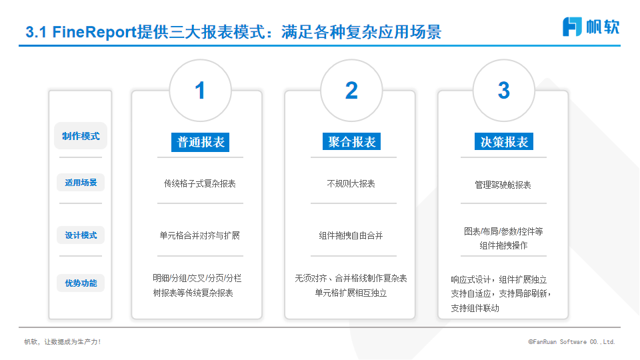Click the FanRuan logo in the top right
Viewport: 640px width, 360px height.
[x=591, y=27]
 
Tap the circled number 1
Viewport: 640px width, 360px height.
[x=200, y=90]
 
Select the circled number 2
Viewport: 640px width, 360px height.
[x=351, y=90]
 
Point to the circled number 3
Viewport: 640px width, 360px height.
[x=504, y=90]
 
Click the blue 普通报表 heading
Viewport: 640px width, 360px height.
[x=201, y=142]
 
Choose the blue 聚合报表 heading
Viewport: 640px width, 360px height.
[x=351, y=141]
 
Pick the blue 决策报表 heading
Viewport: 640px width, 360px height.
[x=504, y=141]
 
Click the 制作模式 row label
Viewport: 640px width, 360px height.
[x=81, y=136]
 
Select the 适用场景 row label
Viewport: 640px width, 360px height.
[x=81, y=183]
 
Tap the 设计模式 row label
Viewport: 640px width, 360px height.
[x=81, y=235]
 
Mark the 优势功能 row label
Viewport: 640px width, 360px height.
[x=81, y=283]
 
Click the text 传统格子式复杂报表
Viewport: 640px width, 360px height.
[x=199, y=184]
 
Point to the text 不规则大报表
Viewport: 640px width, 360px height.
[x=351, y=184]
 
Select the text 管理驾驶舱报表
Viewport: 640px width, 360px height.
[x=503, y=185]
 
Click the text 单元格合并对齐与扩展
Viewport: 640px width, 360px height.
[x=199, y=235]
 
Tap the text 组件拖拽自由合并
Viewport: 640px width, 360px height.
[x=351, y=235]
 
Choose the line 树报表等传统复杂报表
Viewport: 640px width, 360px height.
[x=193, y=293]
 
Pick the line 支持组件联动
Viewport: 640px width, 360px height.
[x=475, y=308]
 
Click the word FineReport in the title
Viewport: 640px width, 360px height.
[x=94, y=32]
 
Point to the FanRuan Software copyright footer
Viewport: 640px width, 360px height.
[x=571, y=341]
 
